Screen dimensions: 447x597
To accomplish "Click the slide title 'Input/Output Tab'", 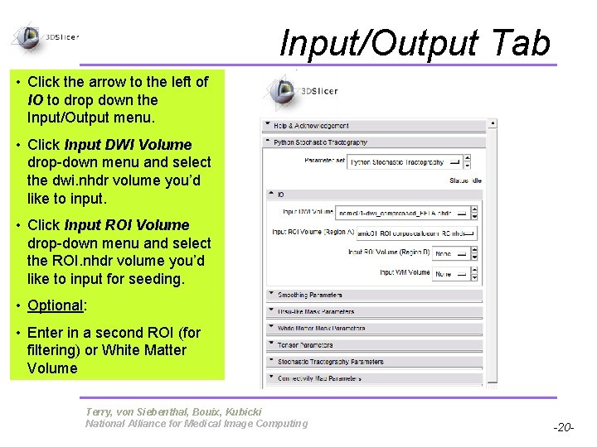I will tap(415, 43).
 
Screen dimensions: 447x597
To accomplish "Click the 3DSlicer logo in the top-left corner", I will tap(45, 37).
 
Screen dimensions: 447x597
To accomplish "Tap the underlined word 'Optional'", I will tap(55, 305).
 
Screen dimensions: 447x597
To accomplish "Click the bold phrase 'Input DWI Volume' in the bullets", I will tap(128, 145).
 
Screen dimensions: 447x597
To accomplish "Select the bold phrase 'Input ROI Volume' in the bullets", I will tap(127, 225).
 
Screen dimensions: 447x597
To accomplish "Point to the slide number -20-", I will tap(564, 428).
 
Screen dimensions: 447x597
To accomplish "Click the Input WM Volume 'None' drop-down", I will tap(455, 273).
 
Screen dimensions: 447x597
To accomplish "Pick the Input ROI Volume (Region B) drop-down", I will tap(455, 252).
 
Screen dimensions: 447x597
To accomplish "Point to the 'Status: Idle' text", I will tap(464, 180).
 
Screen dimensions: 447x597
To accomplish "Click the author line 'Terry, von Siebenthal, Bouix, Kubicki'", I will tap(173, 411).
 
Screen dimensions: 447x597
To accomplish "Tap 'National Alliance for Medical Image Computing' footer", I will tap(197, 424).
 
